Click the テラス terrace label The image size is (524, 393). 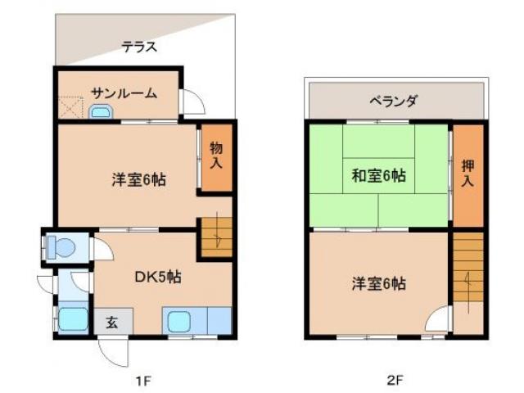[x=139, y=47]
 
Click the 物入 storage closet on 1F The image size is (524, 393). [x=216, y=156]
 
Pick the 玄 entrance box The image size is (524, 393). [x=111, y=321]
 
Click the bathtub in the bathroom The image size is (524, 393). [x=72, y=318]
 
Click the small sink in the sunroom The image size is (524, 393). [x=99, y=112]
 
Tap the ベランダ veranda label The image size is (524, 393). [x=393, y=102]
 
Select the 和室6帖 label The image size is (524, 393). [x=379, y=174]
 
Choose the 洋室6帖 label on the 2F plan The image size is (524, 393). [x=379, y=283]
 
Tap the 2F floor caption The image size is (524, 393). [x=395, y=380]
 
